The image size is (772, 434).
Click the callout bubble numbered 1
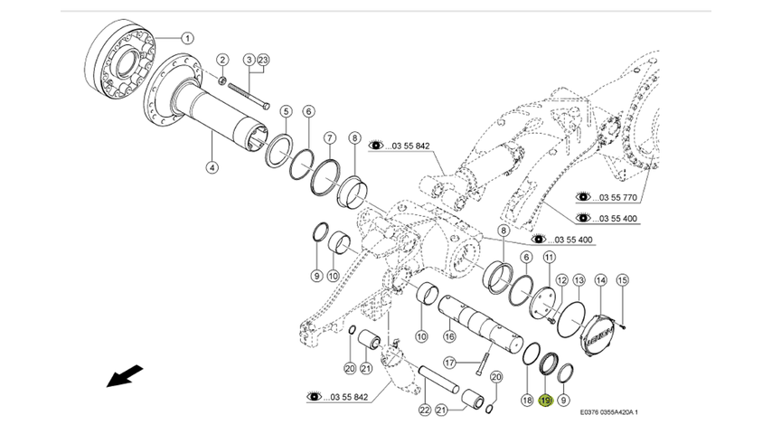186,38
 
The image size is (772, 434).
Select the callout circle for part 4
212,167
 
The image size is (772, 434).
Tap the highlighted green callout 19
545,401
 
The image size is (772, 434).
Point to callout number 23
264,61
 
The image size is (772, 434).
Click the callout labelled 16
448,336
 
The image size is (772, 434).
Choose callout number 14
599,281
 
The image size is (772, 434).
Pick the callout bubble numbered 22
424,410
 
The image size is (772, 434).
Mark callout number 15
621,281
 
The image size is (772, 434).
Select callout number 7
330,138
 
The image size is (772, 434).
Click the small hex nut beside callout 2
222,81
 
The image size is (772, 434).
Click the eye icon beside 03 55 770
584,195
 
